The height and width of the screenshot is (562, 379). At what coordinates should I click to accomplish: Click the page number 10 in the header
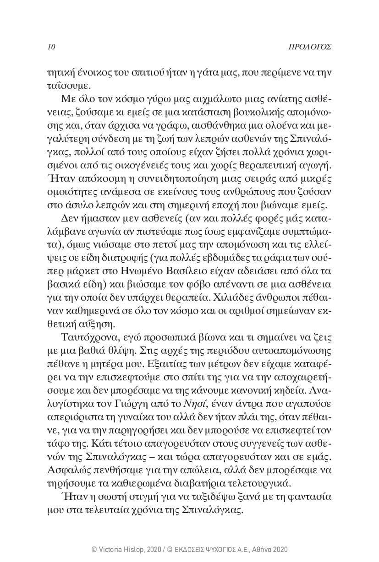[51, 47]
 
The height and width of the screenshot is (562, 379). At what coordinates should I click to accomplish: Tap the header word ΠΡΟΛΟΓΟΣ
[311, 47]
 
